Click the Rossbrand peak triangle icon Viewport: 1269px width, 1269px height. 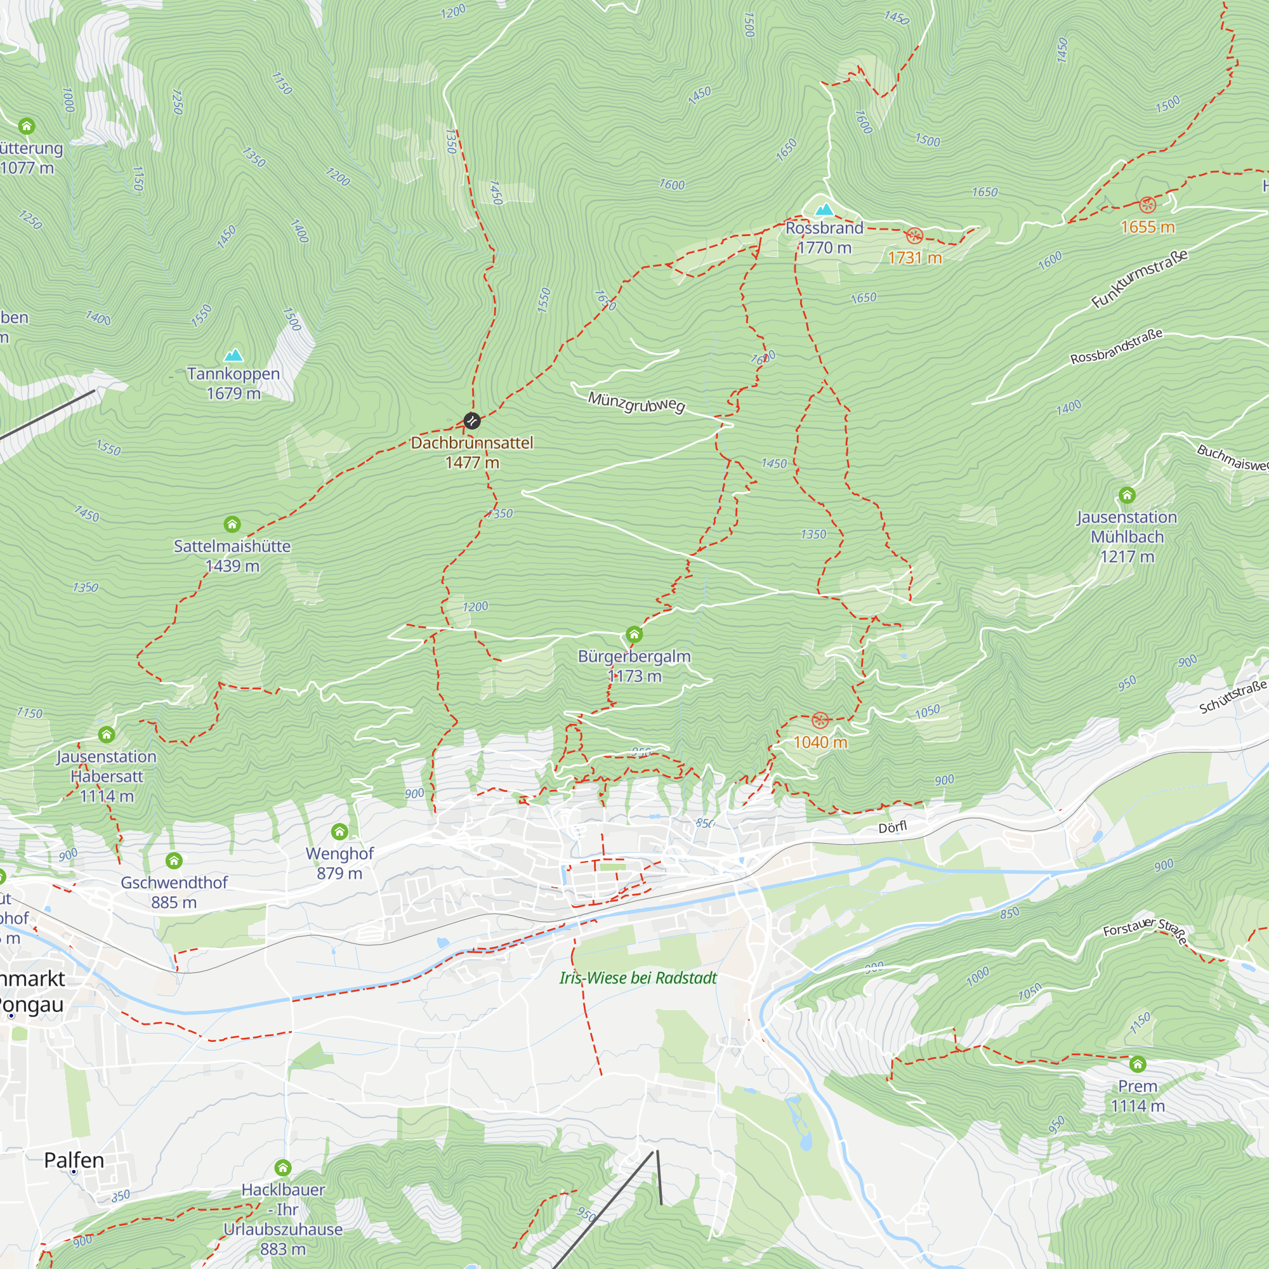pos(824,209)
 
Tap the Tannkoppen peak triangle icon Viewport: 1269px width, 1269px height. pos(233,355)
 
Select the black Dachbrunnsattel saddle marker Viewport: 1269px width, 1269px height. pos(471,421)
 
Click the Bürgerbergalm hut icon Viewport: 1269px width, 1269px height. pos(634,634)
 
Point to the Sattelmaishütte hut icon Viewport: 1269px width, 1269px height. pos(232,523)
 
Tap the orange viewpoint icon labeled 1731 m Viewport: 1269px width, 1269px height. pos(914,236)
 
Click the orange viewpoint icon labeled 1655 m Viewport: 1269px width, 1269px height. pos(1147,204)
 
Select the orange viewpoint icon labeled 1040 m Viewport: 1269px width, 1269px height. pos(820,720)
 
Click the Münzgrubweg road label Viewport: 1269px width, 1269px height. pos(636,402)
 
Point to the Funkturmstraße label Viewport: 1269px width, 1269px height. pos(1140,279)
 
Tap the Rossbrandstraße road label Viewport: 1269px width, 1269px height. pos(1117,346)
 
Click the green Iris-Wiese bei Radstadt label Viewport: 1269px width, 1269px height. pos(638,978)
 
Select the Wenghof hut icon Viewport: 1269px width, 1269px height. pos(339,832)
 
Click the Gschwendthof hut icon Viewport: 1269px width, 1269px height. pos(173,860)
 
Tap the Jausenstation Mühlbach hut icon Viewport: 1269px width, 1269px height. pos(1127,495)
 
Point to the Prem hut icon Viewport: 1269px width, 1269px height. pos(1138,1063)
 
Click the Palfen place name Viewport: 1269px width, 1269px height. pos(74,1161)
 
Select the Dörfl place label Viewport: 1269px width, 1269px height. pos(893,827)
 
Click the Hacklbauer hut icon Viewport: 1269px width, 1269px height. pos(283,1168)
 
